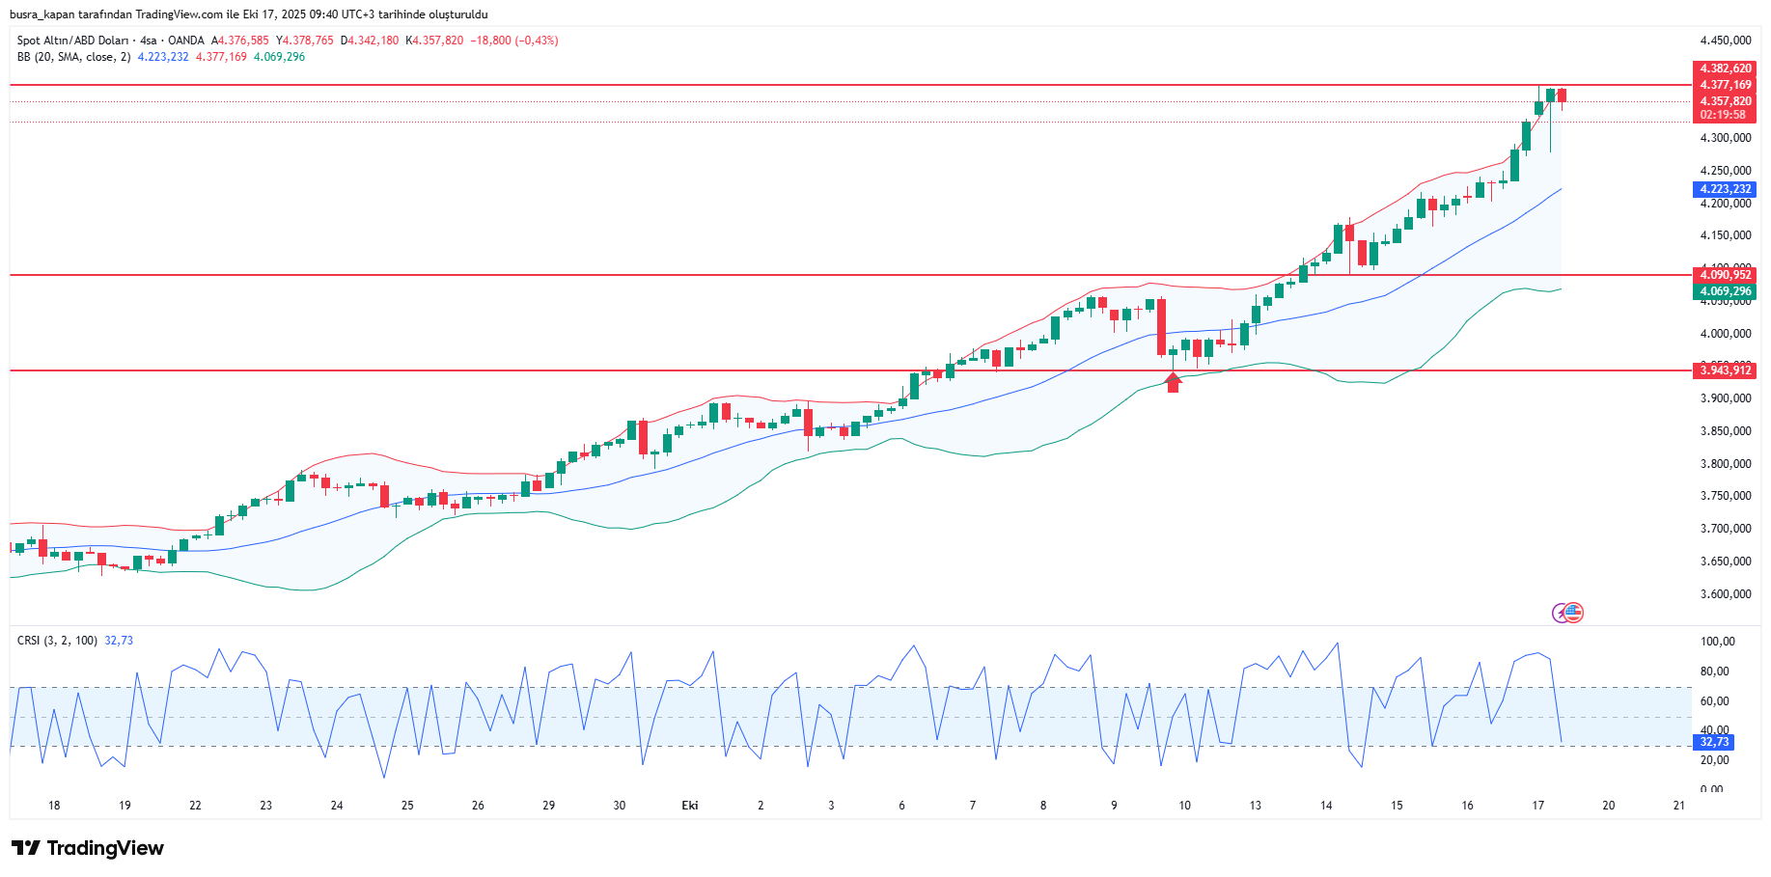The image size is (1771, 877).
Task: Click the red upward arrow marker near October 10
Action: (x=1173, y=383)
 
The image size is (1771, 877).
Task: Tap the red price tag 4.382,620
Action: (x=1726, y=69)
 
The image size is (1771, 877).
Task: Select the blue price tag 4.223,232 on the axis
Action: (x=1726, y=189)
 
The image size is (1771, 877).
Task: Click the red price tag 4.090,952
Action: (x=1726, y=275)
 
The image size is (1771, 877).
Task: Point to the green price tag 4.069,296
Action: (x=1726, y=291)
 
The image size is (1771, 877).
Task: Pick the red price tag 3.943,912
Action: (x=1726, y=370)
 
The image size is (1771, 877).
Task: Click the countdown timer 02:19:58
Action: (x=1723, y=115)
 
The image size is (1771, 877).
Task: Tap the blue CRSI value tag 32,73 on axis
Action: (x=1715, y=742)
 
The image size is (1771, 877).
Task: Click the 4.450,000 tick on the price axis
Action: (x=1726, y=41)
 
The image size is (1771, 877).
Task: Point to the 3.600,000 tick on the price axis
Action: (x=1726, y=594)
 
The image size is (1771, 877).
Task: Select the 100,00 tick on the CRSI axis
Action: (x=1718, y=642)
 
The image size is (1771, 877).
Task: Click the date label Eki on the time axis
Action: (x=690, y=806)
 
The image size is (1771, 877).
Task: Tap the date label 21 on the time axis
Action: (x=1679, y=806)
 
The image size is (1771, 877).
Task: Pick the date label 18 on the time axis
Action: (x=54, y=806)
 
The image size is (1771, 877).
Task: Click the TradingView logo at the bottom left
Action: (x=88, y=848)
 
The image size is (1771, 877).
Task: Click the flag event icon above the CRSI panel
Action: (x=1573, y=612)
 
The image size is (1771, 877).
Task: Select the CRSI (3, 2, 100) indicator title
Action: (x=57, y=641)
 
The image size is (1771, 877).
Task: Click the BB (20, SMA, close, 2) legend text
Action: (x=73, y=57)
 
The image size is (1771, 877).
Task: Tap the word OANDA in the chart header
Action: (x=186, y=41)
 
